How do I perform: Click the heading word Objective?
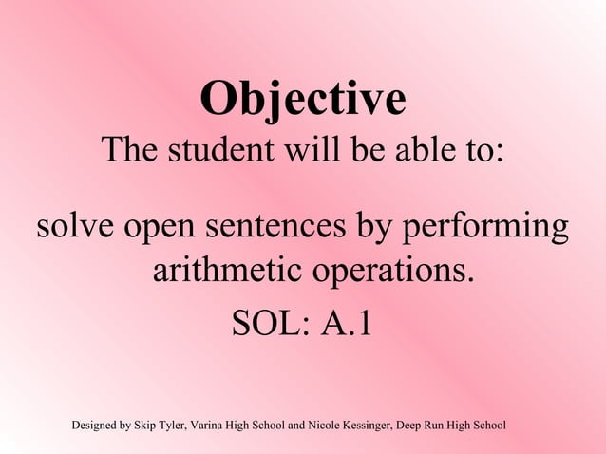pyautogui.click(x=303, y=99)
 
